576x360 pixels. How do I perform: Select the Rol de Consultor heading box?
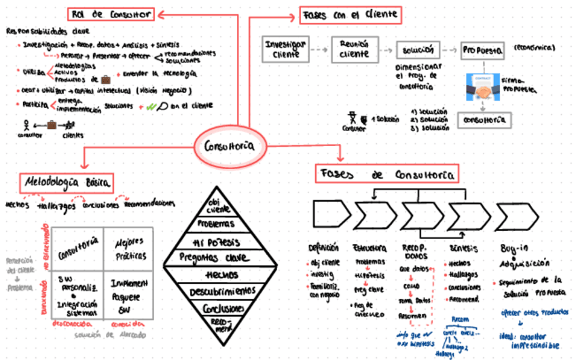(111, 14)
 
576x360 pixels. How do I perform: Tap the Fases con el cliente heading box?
(350, 14)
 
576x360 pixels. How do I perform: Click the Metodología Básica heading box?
(67, 183)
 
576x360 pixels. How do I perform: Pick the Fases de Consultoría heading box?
(385, 175)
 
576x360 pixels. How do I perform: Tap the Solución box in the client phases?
(418, 51)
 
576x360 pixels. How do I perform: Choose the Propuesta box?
(482, 50)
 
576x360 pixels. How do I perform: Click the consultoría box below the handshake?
(484, 120)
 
